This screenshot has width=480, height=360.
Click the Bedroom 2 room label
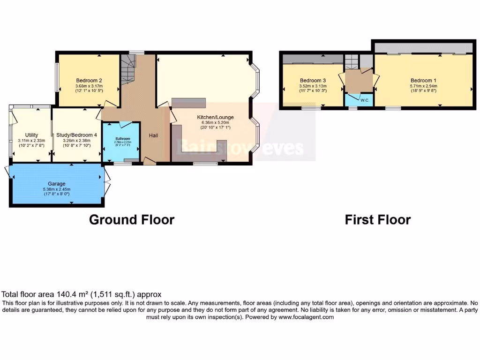tap(89, 80)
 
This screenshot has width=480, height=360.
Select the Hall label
tap(153, 135)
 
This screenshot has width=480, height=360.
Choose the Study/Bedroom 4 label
tap(76, 135)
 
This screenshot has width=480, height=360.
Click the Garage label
tap(56, 184)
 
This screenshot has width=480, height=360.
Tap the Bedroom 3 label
tap(313, 80)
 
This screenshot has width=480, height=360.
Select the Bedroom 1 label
tap(423, 80)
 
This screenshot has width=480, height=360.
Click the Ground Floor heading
tap(132, 219)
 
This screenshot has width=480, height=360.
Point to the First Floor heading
tap(377, 219)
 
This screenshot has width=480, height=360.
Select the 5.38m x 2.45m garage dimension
tap(56, 189)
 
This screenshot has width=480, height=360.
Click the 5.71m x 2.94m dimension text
tap(423, 86)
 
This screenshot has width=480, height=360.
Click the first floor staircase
tap(351, 61)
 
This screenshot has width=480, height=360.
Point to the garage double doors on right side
tap(107, 183)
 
